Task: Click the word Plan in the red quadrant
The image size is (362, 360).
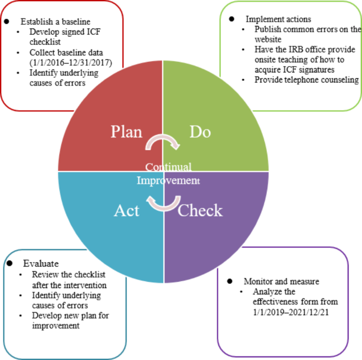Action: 126,132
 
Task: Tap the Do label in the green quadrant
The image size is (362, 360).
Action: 200,132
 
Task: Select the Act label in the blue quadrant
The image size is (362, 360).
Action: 126,210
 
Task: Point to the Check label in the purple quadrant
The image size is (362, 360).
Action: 200,210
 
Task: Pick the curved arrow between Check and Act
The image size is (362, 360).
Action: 163,208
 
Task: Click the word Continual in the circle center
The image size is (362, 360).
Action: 168,167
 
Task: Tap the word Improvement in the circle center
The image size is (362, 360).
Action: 168,180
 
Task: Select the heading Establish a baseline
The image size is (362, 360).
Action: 55,22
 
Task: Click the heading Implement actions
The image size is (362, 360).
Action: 279,19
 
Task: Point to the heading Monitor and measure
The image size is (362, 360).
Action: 282,281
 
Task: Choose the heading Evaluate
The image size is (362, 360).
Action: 41,263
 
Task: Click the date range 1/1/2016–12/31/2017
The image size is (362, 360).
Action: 71,62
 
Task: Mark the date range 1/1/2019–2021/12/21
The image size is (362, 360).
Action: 291,312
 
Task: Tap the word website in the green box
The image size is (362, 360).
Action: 268,39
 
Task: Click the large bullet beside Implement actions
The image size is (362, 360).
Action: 231,19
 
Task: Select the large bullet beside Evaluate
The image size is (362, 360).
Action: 10,263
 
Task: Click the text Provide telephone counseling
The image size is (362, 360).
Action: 307,80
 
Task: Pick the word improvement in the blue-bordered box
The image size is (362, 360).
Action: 55,326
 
